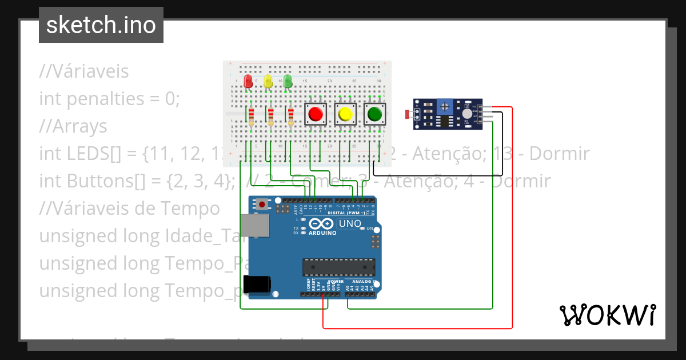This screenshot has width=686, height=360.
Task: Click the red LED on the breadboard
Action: pos(248,81)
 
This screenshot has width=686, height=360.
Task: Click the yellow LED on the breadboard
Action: pos(268,81)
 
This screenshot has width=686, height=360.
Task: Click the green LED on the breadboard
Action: pos(288,81)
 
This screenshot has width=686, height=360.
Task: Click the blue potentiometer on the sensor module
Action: pos(445,106)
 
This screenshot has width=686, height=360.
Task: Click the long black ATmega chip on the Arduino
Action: pos(338,267)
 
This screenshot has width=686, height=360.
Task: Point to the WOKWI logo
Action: pos(607,315)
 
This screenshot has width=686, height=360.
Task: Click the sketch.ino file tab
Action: pos(101,25)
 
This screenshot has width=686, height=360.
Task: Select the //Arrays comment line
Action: pos(73,126)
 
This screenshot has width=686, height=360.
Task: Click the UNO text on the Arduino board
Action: pos(350,223)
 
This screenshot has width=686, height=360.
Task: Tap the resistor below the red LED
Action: pos(250,117)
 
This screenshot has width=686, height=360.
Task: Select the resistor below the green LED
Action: pos(290,117)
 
